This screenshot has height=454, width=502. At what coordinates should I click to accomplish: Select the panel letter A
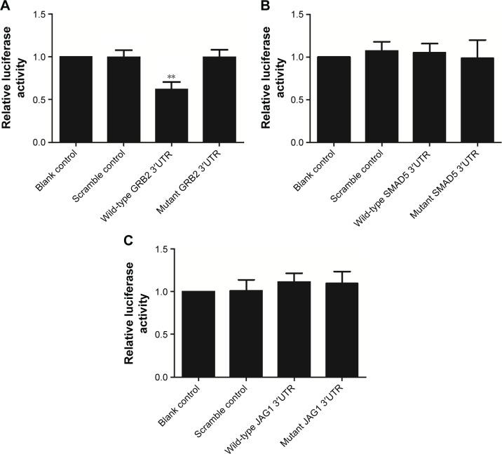pos(6,7)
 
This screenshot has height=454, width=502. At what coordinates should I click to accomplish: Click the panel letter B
pos(266,7)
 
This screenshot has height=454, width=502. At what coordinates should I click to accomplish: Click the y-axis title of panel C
pos(136,312)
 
